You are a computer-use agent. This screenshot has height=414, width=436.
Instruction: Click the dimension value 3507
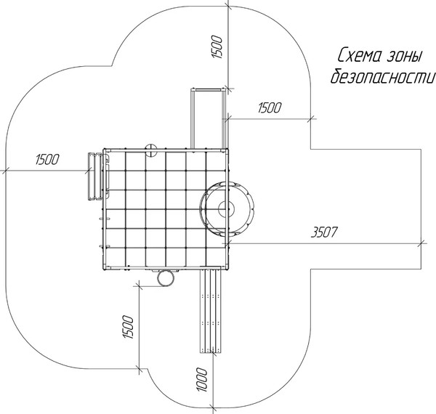pyautogui.click(x=324, y=232)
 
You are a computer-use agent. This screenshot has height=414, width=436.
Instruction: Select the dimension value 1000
pyautogui.click(x=202, y=380)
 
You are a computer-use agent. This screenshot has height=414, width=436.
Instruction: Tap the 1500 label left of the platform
pyautogui.click(x=47, y=160)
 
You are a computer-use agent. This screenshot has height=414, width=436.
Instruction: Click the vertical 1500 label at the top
pyautogui.click(x=217, y=46)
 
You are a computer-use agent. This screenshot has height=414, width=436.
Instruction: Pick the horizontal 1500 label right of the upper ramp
pyautogui.click(x=270, y=107)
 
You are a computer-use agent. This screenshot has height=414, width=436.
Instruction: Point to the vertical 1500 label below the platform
pyautogui.click(x=128, y=327)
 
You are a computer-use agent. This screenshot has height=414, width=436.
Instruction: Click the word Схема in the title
pyautogui.click(x=358, y=55)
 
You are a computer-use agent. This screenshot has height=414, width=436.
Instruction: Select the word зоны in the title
pyautogui.click(x=405, y=56)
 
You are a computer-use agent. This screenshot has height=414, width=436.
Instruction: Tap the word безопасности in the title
pyautogui.click(x=382, y=76)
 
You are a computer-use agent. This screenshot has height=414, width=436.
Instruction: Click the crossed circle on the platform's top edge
pyautogui.click(x=151, y=150)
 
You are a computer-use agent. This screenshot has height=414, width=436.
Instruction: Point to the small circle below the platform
pyautogui.click(x=166, y=277)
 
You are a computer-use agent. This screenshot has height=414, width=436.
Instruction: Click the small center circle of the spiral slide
pyautogui.click(x=226, y=208)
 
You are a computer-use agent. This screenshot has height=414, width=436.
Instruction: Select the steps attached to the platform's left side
pyautogui.click(x=95, y=176)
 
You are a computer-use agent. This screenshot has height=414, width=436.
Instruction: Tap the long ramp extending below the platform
pyautogui.click(x=211, y=309)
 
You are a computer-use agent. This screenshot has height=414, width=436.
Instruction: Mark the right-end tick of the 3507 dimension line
pyautogui.click(x=421, y=243)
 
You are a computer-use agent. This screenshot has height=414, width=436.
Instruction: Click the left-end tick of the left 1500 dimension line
pyautogui.click(x=6, y=171)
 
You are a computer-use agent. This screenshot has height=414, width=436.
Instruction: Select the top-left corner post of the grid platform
pyautogui.click(x=105, y=150)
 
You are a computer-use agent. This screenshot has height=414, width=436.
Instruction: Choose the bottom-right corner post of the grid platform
pyautogui.click(x=227, y=267)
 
